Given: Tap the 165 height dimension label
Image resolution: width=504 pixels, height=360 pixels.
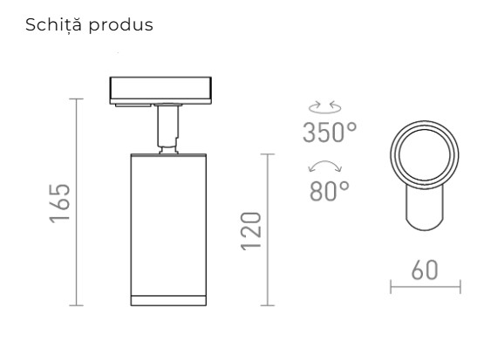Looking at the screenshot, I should [60, 203].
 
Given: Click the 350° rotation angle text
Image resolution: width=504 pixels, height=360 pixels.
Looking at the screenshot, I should [330, 133].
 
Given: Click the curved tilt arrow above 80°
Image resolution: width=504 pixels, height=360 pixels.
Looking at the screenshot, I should [325, 166].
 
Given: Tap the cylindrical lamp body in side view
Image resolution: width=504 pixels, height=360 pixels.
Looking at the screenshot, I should [166, 222].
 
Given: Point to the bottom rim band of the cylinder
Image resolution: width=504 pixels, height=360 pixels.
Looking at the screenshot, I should [166, 301].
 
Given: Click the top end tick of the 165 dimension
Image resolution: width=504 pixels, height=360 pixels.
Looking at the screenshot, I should [79, 98].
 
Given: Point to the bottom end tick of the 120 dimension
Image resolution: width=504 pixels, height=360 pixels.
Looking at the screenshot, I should [268, 306].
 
